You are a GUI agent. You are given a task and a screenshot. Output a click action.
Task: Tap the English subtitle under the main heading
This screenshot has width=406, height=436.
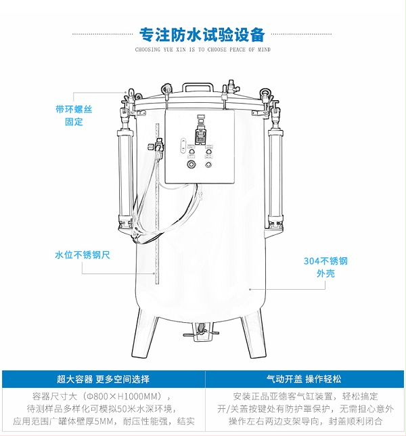tap(202, 49)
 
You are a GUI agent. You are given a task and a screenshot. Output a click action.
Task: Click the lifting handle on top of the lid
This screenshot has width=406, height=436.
tap(200, 89)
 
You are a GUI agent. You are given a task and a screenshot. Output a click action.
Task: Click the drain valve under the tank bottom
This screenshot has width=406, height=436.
tap(201, 331)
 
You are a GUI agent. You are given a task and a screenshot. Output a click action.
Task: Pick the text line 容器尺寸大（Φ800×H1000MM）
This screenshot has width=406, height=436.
tap(103, 396)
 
